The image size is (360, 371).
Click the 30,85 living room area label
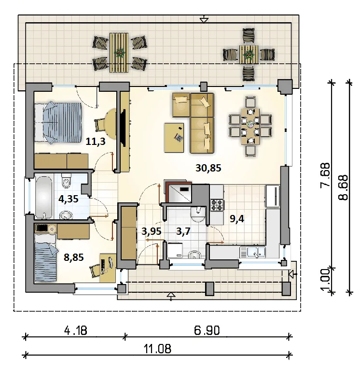208,168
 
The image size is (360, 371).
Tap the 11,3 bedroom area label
96,142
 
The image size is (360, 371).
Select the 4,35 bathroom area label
69,199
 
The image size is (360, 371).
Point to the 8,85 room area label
74,257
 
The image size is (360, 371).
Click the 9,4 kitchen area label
237,219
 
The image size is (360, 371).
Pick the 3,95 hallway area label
152,231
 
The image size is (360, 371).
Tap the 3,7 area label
183,231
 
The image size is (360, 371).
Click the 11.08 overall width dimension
158,349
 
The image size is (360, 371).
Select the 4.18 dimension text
76,330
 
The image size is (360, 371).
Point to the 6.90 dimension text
207,330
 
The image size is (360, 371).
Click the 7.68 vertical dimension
325,175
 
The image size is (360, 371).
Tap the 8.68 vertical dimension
343,187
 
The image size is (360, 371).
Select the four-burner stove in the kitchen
217,205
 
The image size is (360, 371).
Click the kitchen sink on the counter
252,252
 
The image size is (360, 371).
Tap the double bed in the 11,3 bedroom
58,122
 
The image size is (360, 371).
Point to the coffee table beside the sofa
174,138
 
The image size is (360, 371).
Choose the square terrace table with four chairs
249,55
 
